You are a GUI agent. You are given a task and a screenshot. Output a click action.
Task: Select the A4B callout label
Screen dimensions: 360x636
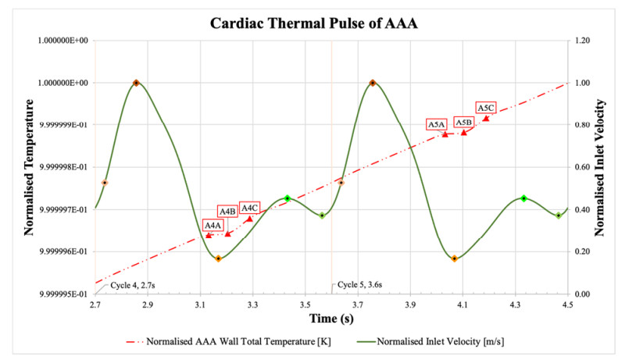point(227,212)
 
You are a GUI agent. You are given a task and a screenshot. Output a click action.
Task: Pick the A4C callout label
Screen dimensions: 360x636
point(250,208)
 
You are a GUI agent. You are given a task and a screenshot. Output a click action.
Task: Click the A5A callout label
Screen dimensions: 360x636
point(436,124)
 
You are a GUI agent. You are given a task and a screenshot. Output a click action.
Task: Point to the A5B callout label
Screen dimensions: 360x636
point(463,123)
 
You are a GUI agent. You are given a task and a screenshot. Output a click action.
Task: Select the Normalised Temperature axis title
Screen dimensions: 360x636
point(29,167)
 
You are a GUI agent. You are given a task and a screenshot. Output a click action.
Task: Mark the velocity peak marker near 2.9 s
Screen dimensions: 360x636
point(136,83)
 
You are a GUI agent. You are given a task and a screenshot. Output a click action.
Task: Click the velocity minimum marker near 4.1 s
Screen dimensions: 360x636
point(454,258)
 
